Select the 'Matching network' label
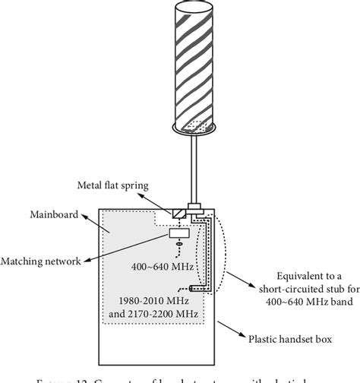tap(44, 261)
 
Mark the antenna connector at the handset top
tap(195, 206)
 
